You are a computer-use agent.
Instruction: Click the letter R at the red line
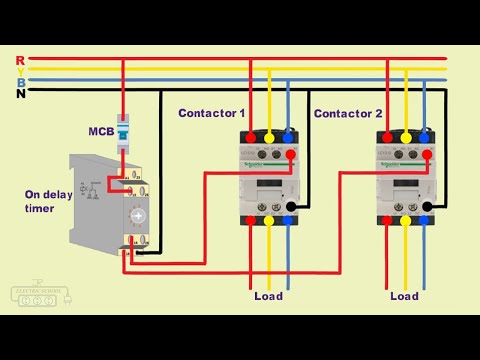coord(20,60)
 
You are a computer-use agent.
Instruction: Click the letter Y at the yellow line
coord(20,71)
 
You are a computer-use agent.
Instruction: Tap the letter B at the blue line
coord(20,82)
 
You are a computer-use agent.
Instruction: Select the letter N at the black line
coord(20,93)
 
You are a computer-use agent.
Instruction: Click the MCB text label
coord(101,130)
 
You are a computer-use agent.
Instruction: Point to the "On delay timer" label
coord(47,202)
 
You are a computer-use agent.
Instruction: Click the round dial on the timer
coord(138,215)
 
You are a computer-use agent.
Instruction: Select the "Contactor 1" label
coord(211,113)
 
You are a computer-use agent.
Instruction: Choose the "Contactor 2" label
coord(348,113)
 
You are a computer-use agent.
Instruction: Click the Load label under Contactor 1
coord(269,296)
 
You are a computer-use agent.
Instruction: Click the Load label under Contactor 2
coord(404,296)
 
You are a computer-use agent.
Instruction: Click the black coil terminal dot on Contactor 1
coord(291,207)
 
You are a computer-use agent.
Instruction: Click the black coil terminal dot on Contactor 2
coord(428,207)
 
